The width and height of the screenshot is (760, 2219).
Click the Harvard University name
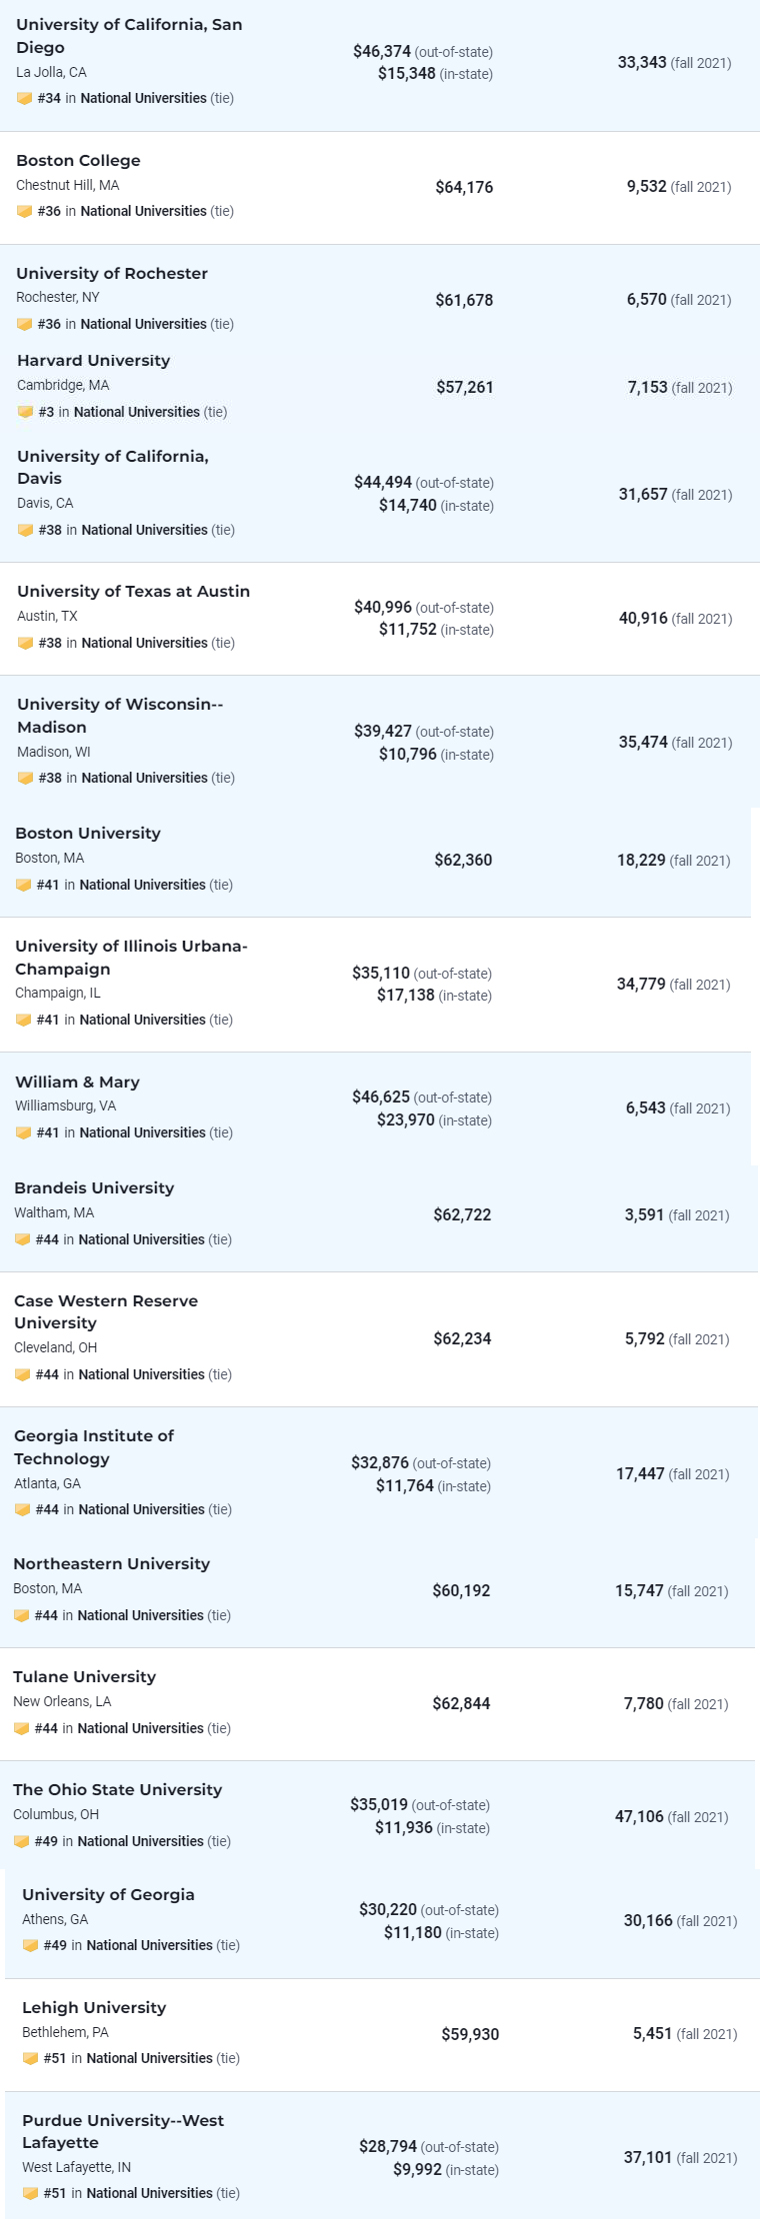pos(93,361)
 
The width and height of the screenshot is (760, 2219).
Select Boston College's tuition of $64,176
pos(464,187)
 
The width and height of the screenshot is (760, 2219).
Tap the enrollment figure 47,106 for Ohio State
pos(639,1816)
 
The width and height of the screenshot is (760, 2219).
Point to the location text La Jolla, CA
pos(51,72)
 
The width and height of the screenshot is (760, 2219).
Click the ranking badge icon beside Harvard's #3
pos(25,412)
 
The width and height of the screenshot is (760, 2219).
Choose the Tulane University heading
pos(84,1676)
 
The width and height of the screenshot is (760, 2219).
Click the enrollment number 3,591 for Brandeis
pos(644,1215)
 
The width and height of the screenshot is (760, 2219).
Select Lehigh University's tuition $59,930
pos(470,2034)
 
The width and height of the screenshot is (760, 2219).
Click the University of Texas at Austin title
pos(133,591)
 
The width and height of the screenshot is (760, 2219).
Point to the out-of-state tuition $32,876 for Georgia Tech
pos(380,1462)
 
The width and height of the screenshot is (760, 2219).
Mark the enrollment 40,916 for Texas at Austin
pos(643,618)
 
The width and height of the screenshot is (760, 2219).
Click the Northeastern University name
pos(111,1563)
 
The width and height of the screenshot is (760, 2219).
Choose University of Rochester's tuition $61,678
pos(464,300)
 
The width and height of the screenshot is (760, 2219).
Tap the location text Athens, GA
pos(55,1919)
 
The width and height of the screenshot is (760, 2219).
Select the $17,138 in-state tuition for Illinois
pos(406,996)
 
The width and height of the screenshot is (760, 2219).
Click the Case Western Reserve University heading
pos(105,1311)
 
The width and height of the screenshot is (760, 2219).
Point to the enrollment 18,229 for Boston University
pos(641,860)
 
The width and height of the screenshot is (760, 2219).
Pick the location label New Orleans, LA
pos(62,1701)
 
